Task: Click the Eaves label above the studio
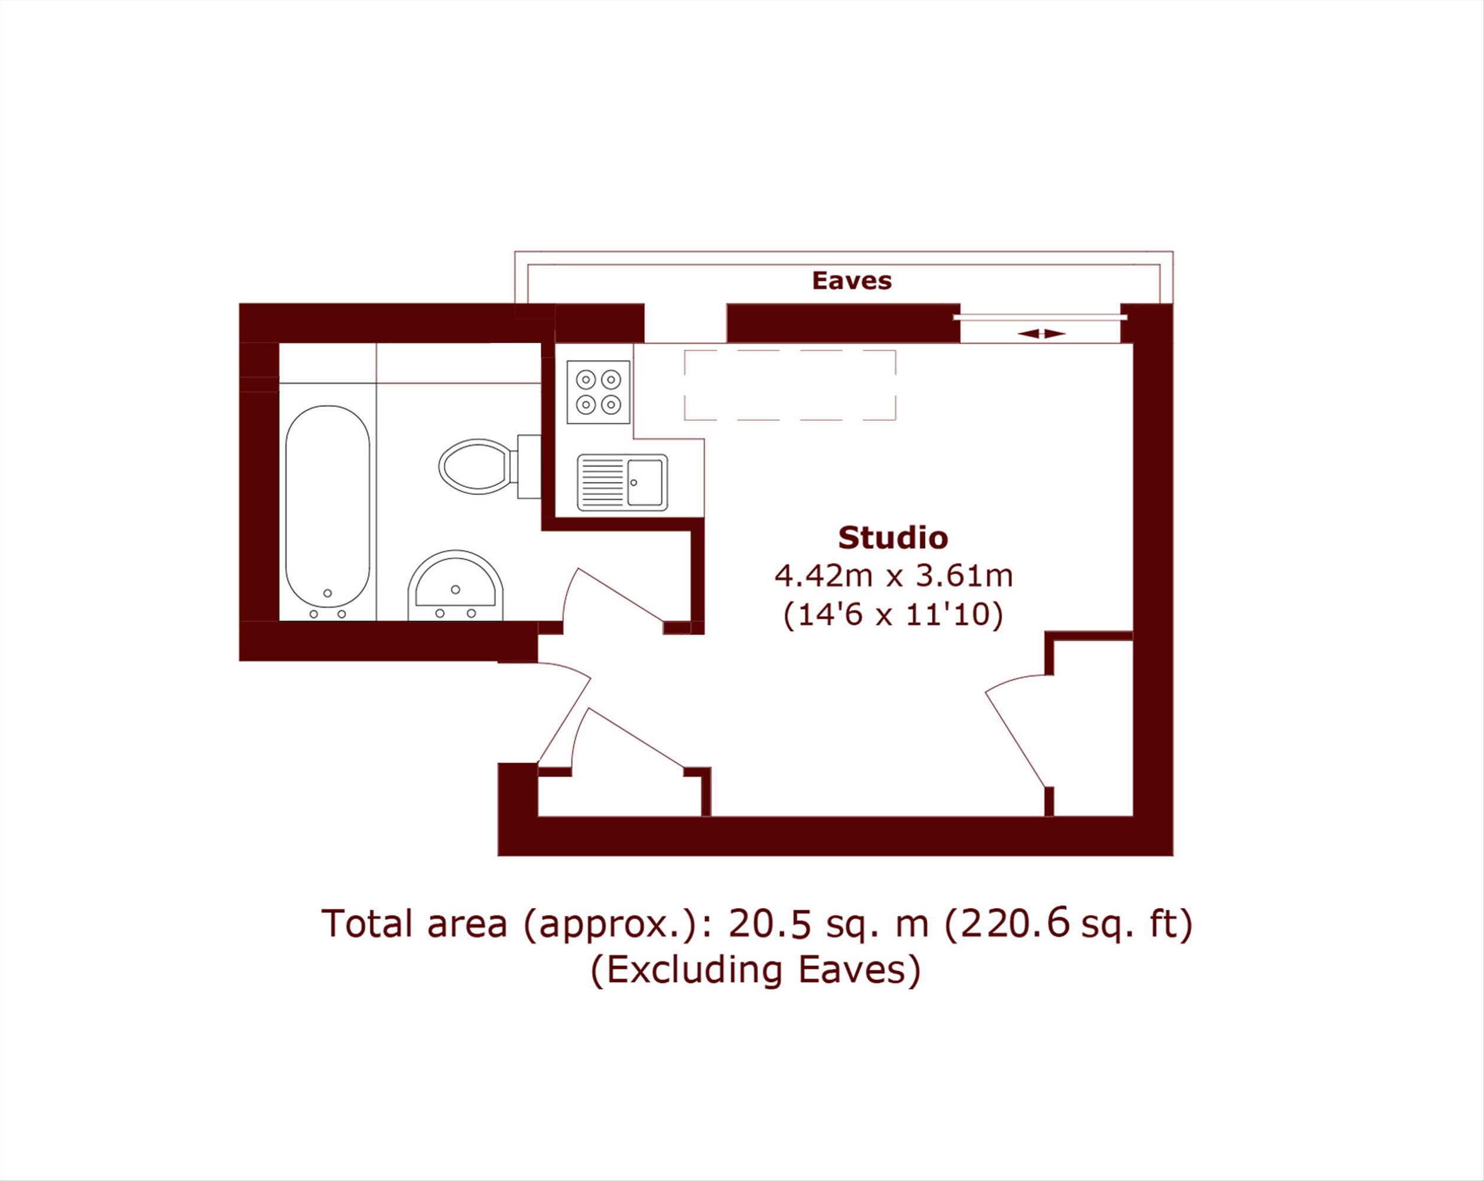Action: pos(852,281)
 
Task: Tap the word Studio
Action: pos(893,538)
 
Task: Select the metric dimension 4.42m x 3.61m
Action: pos(894,575)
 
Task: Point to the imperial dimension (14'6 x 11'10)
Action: pos(893,614)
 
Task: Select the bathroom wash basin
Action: pos(455,585)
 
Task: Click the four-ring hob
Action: pos(598,392)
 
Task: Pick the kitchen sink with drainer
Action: pos(622,483)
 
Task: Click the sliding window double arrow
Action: pos(1041,334)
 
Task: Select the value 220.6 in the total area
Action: pos(1017,923)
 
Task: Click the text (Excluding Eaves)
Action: pos(756,969)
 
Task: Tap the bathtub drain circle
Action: pos(327,593)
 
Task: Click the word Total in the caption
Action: pos(367,923)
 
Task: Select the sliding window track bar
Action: pos(1040,317)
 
